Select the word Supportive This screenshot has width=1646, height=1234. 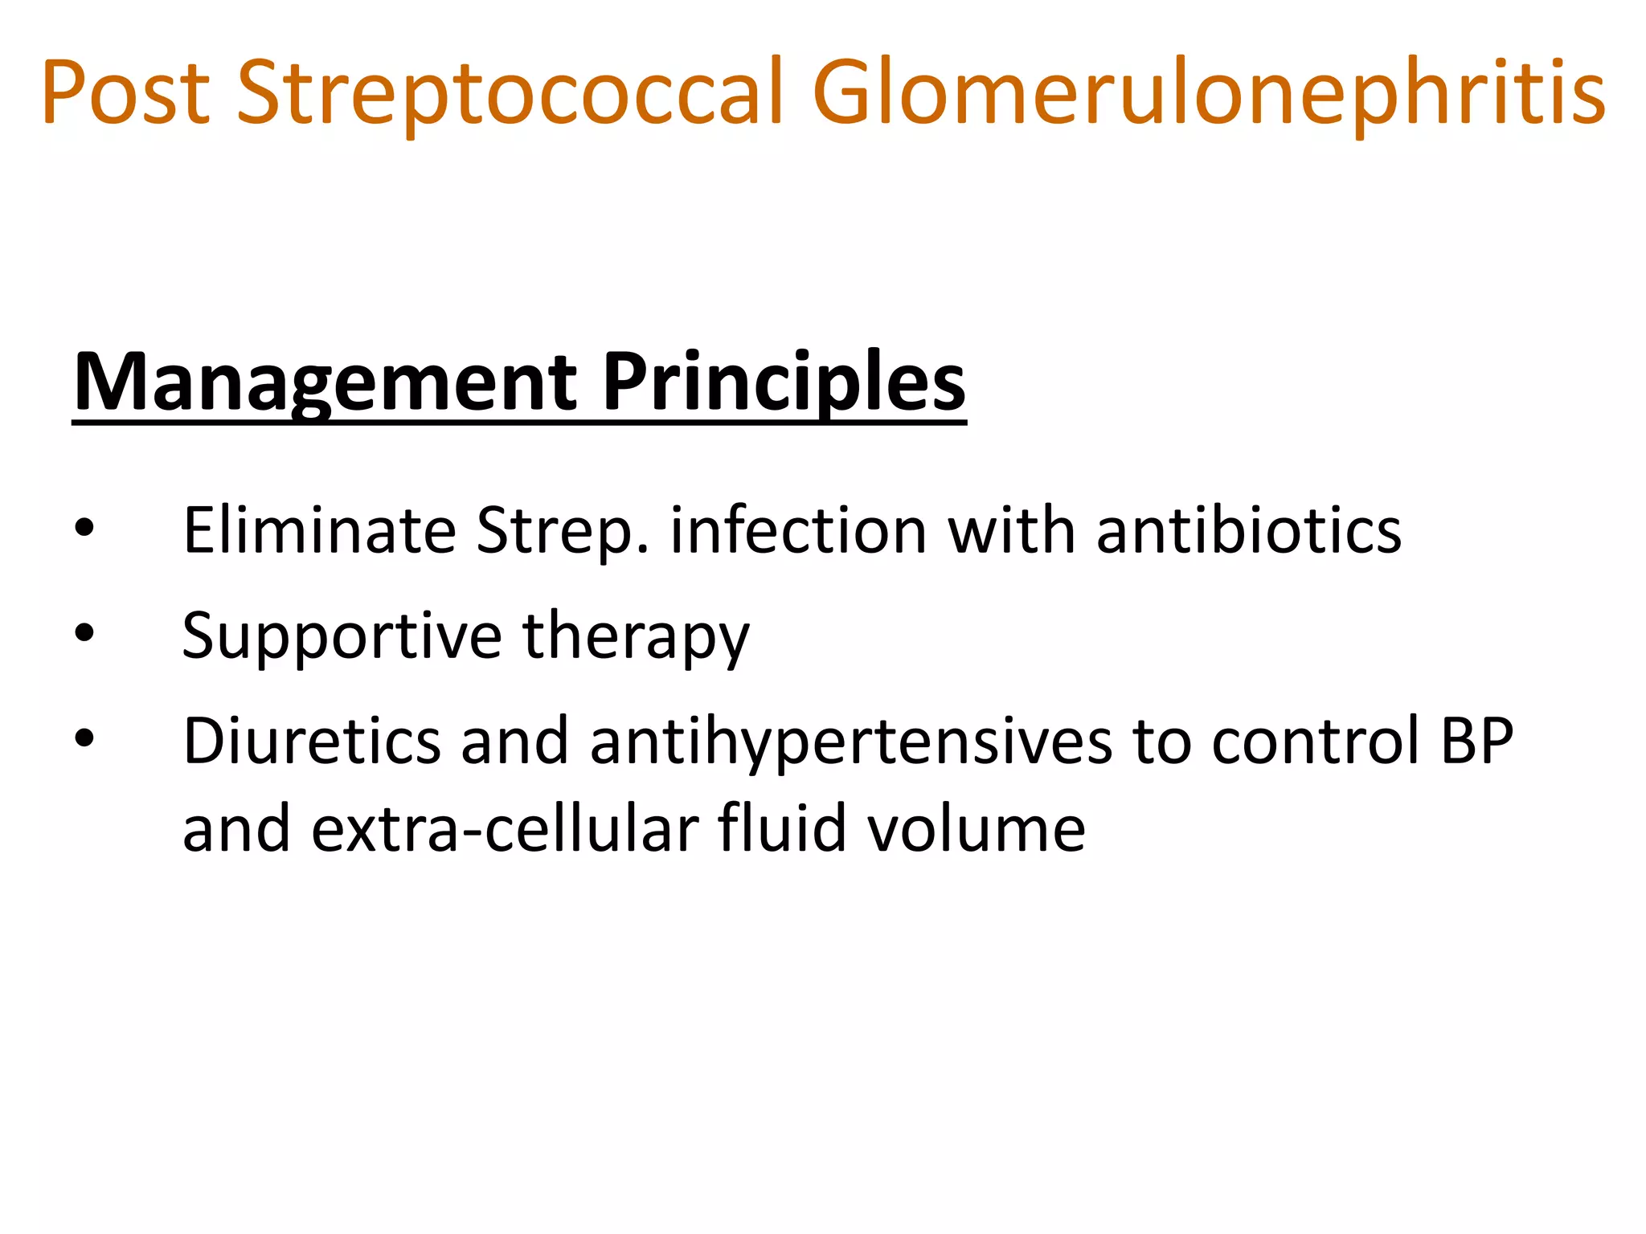point(341,635)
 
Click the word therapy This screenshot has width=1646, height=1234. point(636,635)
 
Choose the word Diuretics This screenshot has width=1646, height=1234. point(312,741)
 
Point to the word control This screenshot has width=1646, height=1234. point(1315,741)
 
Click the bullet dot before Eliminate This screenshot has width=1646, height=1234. point(84,529)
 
